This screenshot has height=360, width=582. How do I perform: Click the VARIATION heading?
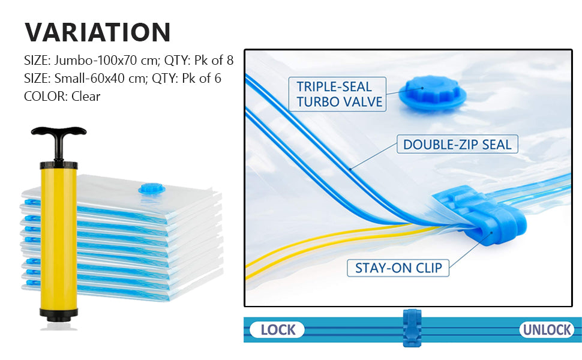click(x=98, y=32)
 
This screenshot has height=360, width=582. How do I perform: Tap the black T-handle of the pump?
click(x=59, y=132)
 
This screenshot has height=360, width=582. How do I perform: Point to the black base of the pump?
click(x=59, y=313)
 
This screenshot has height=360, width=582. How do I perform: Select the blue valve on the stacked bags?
click(x=151, y=189)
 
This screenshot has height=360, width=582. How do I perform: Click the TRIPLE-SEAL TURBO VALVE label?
click(x=339, y=94)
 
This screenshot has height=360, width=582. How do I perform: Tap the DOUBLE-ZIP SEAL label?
click(x=457, y=145)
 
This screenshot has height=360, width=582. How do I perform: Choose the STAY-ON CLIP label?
click(x=398, y=268)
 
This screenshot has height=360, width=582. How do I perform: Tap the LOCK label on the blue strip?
click(x=278, y=329)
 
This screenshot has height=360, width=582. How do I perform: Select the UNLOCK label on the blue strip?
click(x=547, y=329)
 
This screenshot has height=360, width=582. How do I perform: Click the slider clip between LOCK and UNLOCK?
click(x=412, y=328)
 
